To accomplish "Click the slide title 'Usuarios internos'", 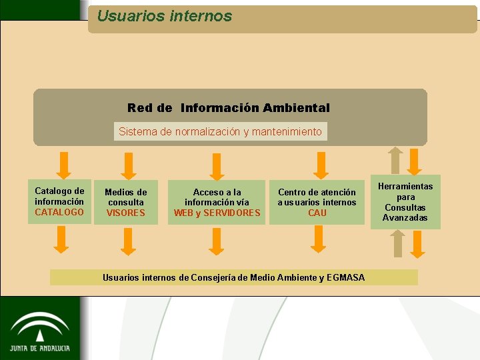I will coord(164,16).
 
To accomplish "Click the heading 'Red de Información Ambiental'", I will coord(229,108).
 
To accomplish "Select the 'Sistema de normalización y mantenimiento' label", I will coord(220,131).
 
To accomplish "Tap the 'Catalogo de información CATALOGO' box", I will coord(60,201).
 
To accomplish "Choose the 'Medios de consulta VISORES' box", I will coord(126,203).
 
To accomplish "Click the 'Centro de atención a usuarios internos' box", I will coord(317,202).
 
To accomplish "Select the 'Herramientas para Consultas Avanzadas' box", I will coord(405,202).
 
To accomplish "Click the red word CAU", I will coord(317,213).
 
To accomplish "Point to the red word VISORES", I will coord(126,213).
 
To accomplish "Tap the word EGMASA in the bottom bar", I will coord(346,277).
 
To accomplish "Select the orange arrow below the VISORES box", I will coord(129,241).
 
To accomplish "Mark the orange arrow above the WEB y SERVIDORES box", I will coord(216,166).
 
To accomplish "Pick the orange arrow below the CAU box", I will coord(319,239).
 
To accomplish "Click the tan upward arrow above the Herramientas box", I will coord(396,160).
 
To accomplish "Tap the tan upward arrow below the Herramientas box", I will coord(398,243).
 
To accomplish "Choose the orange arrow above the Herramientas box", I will coord(415,162).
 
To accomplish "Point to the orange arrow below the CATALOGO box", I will coord(61,239).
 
